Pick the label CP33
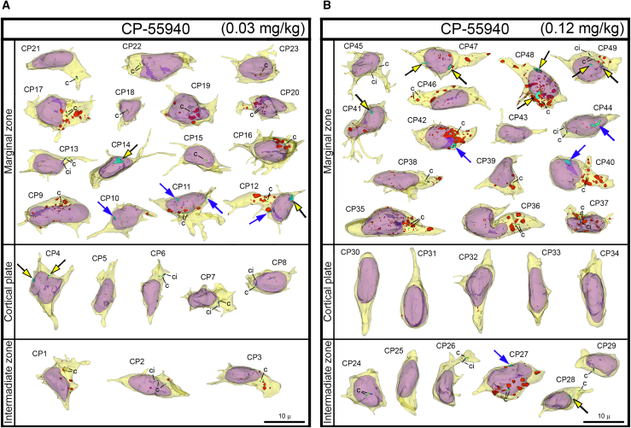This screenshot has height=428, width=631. [x=551, y=254]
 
